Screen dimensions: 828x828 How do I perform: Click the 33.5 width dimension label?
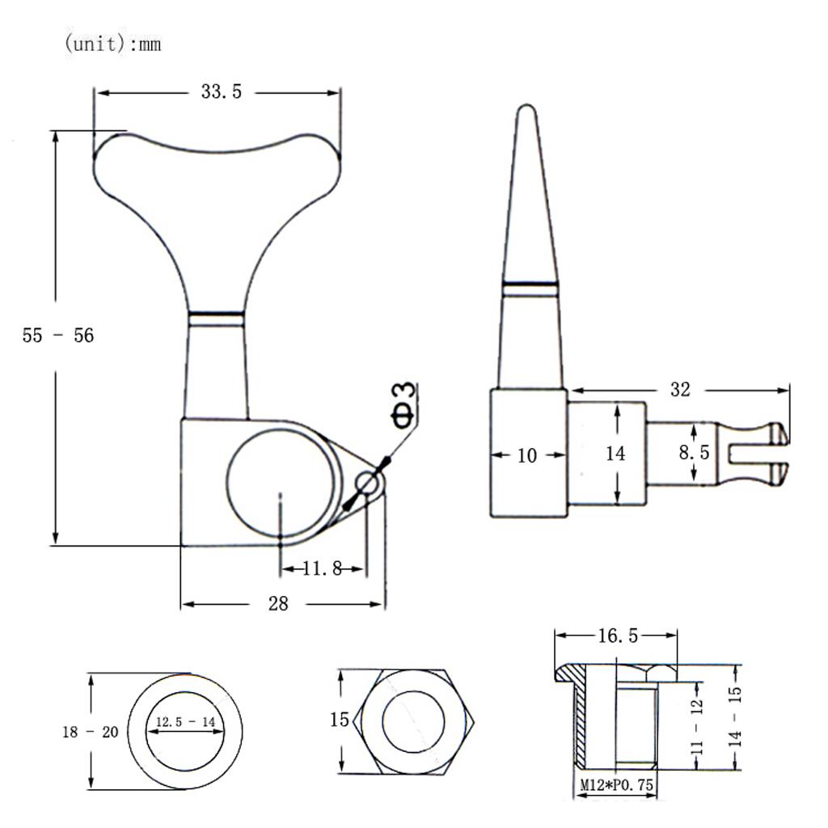(x=222, y=92)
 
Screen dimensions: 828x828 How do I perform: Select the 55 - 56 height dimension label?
(x=58, y=336)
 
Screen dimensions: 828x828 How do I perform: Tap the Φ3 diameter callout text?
(x=404, y=405)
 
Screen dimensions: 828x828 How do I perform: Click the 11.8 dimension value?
(x=322, y=568)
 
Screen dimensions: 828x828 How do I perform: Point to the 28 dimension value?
(x=278, y=603)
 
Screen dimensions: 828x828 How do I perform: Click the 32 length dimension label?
(x=680, y=390)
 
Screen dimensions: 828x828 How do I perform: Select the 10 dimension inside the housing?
(x=527, y=455)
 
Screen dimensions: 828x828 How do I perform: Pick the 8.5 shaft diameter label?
(x=694, y=453)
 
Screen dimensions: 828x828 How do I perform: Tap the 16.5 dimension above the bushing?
(x=618, y=636)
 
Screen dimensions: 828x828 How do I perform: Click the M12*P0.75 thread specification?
(x=616, y=784)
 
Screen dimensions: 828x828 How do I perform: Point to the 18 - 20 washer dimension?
(x=91, y=732)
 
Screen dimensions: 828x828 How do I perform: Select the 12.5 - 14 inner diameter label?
(x=185, y=722)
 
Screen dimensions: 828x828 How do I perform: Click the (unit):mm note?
(x=112, y=44)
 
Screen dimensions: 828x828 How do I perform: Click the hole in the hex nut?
(x=413, y=722)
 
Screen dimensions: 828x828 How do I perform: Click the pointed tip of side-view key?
(x=526, y=106)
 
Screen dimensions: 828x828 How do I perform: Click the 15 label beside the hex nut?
(x=340, y=719)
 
